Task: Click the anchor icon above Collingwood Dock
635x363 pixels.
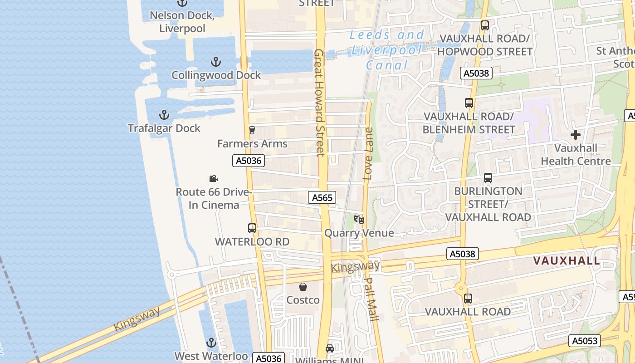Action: tap(216, 62)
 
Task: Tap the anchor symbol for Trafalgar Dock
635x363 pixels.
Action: tap(164, 115)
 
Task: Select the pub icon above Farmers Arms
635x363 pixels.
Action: tap(252, 130)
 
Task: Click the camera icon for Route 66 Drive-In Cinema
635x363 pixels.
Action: tap(213, 179)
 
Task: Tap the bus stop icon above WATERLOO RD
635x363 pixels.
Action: tap(252, 228)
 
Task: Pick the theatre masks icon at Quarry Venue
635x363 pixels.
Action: tap(359, 220)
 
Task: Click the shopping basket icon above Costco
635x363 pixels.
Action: tap(303, 287)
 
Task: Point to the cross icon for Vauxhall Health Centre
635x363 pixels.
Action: tap(576, 135)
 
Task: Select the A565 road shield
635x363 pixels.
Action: tap(322, 197)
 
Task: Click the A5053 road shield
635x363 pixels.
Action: tap(585, 341)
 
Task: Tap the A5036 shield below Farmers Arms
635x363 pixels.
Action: tap(249, 161)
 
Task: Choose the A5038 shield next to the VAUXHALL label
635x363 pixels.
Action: tap(463, 254)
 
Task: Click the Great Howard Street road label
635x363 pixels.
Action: tap(319, 103)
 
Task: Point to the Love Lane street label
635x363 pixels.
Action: tap(368, 153)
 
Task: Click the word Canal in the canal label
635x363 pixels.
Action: tap(387, 65)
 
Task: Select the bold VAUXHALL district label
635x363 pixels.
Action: tap(567, 261)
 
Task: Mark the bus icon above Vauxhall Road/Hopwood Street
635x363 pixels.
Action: tap(485, 25)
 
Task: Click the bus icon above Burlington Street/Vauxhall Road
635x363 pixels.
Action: tap(488, 178)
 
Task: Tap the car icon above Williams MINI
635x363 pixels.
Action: tap(330, 348)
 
